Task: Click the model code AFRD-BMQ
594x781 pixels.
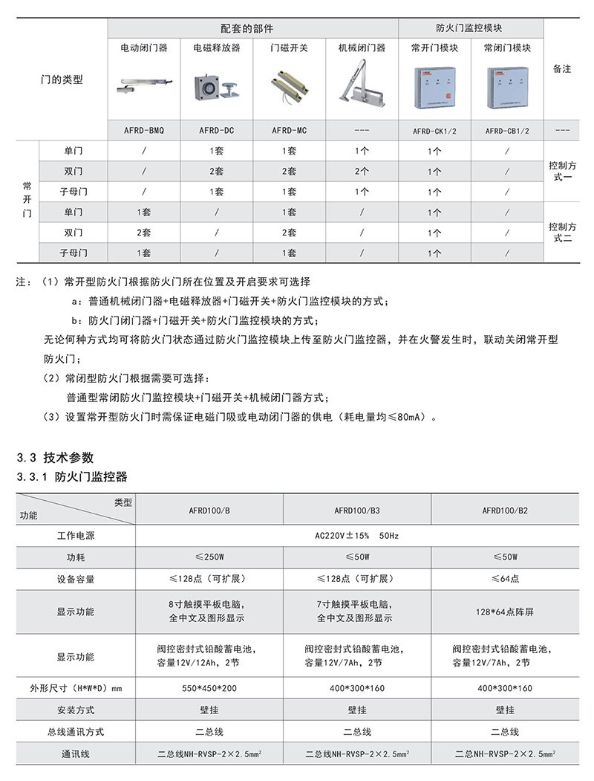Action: (x=144, y=130)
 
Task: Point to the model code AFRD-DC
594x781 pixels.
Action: (x=217, y=130)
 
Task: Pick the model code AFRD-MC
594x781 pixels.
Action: (x=290, y=130)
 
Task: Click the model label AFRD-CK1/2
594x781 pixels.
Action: (x=434, y=131)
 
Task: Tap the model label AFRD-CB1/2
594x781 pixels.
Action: (x=507, y=131)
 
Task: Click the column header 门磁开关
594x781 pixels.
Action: (x=290, y=48)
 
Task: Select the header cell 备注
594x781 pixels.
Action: (x=562, y=68)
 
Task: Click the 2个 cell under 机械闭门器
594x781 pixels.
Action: (x=362, y=171)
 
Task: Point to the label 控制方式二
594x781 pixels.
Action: (x=562, y=232)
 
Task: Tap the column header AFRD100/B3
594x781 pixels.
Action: (x=357, y=511)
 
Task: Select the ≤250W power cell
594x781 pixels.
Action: (x=209, y=557)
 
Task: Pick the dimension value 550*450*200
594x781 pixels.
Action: (x=209, y=688)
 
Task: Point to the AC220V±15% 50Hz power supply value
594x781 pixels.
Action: (x=357, y=535)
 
